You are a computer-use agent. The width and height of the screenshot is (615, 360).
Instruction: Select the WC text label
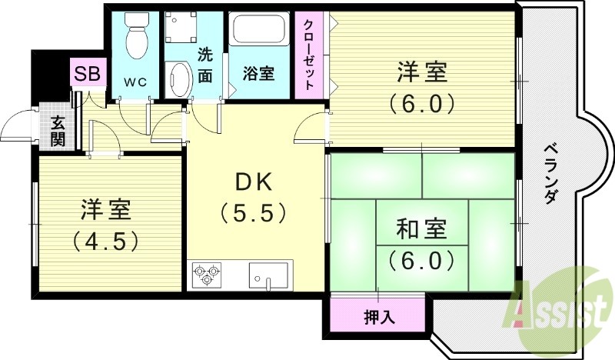[x=134, y=79]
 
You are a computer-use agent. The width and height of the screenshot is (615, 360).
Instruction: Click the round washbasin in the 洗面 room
[x=179, y=79]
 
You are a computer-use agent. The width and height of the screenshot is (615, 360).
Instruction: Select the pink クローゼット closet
[x=310, y=55]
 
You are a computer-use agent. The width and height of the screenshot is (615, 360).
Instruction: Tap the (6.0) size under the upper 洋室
[x=422, y=102]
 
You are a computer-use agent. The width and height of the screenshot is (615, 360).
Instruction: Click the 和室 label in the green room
[x=421, y=229]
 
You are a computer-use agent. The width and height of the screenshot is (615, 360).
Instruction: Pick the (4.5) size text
[x=107, y=241]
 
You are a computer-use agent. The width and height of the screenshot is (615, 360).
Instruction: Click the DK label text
[x=254, y=182]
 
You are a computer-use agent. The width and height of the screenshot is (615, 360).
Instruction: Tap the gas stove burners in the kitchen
[x=207, y=275]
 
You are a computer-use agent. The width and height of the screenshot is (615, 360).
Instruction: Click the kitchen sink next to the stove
[x=268, y=275]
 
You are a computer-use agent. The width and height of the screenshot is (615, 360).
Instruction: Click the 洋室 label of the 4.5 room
[x=107, y=208]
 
